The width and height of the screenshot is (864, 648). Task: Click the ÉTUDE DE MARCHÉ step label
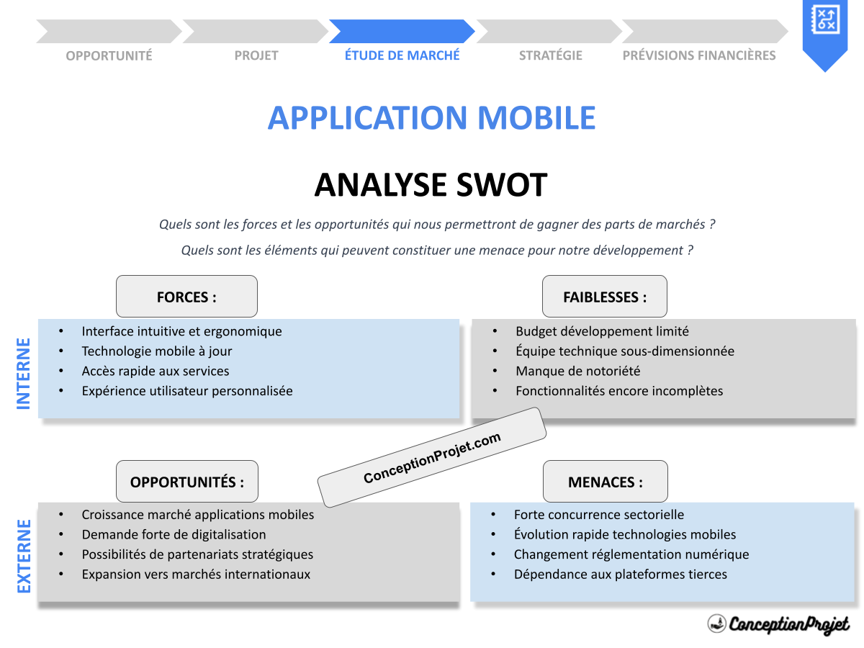tap(402, 55)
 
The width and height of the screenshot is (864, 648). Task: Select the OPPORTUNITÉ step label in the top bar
tap(109, 55)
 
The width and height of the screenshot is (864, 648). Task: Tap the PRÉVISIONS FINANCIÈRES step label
tap(699, 55)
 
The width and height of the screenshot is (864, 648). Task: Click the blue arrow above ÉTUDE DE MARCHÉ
tap(402, 32)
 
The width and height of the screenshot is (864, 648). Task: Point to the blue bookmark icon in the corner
tap(825, 32)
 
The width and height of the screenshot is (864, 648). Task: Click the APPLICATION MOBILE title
tap(431, 118)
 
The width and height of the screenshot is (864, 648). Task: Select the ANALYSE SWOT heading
tap(431, 185)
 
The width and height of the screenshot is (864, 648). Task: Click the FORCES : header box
tap(186, 297)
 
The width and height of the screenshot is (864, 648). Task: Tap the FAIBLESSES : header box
tap(605, 297)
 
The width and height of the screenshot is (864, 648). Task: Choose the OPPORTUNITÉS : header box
tap(187, 482)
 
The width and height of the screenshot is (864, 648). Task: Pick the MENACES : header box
tap(606, 482)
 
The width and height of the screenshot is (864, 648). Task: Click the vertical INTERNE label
tap(24, 374)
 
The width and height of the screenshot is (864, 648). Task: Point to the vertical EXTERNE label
tap(24, 556)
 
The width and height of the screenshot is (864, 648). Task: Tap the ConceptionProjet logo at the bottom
tap(778, 624)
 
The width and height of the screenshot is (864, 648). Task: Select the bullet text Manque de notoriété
tap(577, 372)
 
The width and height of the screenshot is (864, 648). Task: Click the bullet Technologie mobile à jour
tap(157, 351)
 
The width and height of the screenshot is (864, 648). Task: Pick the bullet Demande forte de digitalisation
tap(174, 535)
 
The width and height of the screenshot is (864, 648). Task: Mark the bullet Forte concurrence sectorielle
tap(599, 515)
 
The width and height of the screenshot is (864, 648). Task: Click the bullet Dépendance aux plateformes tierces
tap(621, 575)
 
